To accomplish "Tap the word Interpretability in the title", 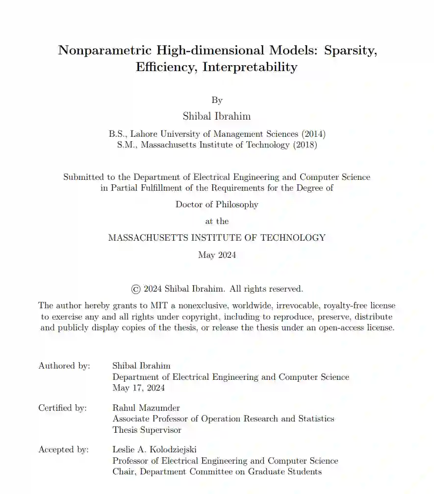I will coord(250,67).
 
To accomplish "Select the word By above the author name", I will coord(217,100).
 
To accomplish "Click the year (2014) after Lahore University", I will coord(313,133).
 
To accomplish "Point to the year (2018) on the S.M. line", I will coord(305,145).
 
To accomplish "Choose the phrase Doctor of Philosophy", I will coord(217,204).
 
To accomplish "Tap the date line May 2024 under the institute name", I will coord(217,255).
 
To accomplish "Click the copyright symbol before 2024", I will coord(136,289).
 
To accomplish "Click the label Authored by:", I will coord(64,366).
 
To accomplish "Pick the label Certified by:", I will coord(63,407).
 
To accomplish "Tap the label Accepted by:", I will coord(64,449).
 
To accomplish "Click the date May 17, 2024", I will coord(139,388).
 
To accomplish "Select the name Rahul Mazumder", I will coord(146,407).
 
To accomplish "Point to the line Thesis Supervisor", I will coord(147,430).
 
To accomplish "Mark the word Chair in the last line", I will coord(123,471).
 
